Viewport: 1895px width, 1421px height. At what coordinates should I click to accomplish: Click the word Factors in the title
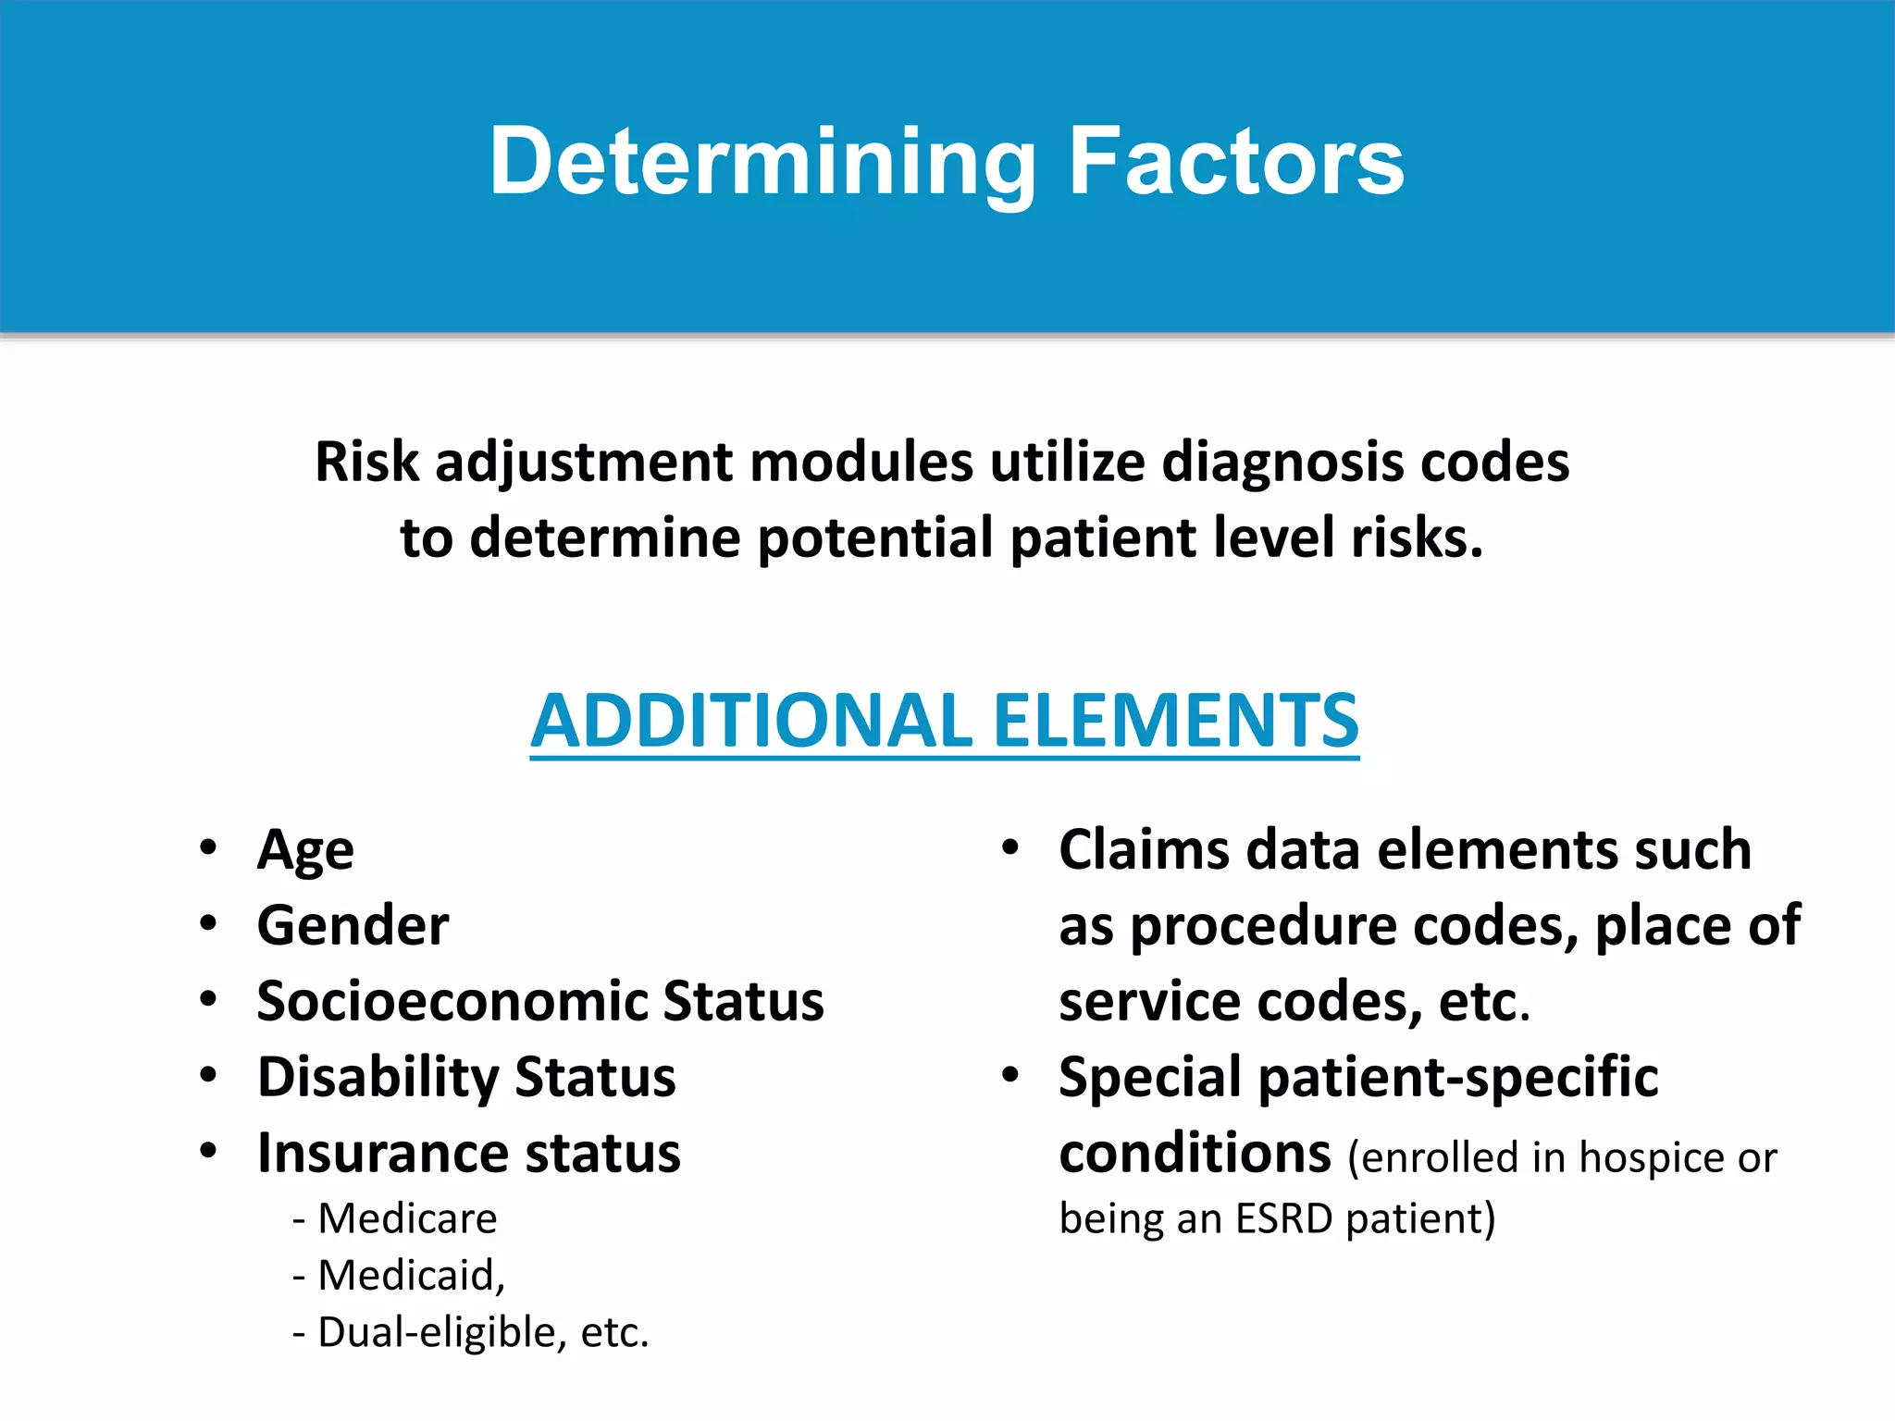pyautogui.click(x=1236, y=163)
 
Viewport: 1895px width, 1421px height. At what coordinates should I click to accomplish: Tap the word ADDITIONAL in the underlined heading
pyautogui.click(x=750, y=722)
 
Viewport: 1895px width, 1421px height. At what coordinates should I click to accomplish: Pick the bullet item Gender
pyautogui.click(x=353, y=926)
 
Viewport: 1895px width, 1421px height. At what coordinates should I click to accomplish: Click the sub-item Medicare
pyautogui.click(x=407, y=1218)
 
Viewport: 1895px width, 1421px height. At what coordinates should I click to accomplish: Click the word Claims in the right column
pyautogui.click(x=1144, y=850)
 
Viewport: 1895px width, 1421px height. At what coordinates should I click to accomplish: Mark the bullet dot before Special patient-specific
pyautogui.click(x=1010, y=1075)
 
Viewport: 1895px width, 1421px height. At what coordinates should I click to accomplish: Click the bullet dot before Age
pyautogui.click(x=208, y=847)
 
